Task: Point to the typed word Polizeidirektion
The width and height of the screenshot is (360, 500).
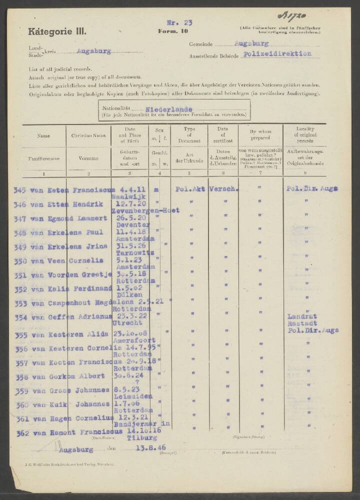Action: coord(277,53)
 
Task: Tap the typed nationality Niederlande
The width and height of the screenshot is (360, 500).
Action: coord(169,109)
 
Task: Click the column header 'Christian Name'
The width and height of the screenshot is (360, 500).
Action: coord(88,135)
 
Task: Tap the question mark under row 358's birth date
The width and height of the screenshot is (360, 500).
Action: coord(130,382)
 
